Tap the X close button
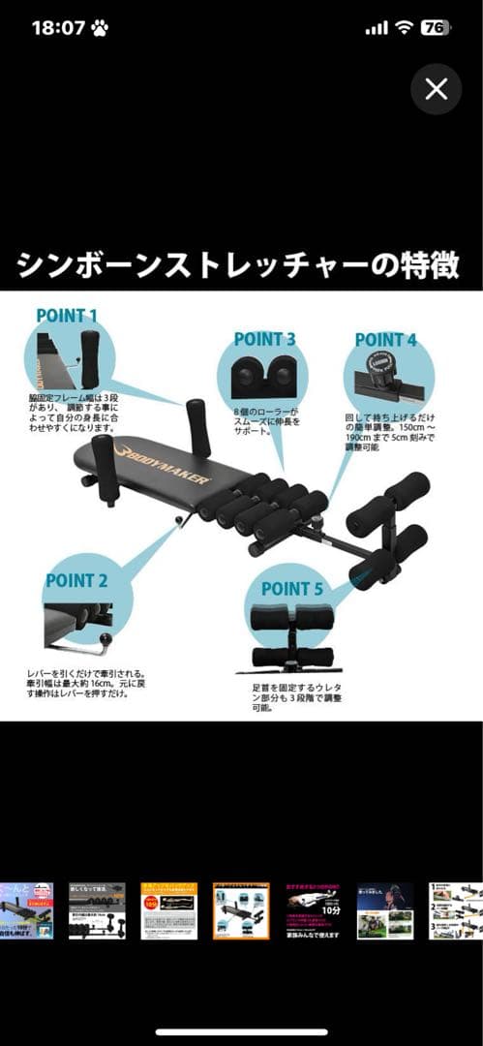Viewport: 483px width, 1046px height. pyautogui.click(x=437, y=90)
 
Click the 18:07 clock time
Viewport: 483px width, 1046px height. pyautogui.click(x=58, y=28)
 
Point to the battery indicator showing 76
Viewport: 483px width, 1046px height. pyautogui.click(x=436, y=28)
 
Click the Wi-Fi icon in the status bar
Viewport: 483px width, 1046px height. pyautogui.click(x=404, y=28)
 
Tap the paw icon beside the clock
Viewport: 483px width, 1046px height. pyautogui.click(x=100, y=28)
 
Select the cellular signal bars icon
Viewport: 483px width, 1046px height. pyautogui.click(x=376, y=29)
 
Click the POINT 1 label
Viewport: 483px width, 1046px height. pyautogui.click(x=67, y=315)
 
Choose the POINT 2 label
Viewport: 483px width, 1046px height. pyautogui.click(x=76, y=581)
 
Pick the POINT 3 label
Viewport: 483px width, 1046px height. pyautogui.click(x=264, y=339)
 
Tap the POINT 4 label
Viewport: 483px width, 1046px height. pyautogui.click(x=385, y=340)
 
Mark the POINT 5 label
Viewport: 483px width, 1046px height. pyautogui.click(x=291, y=588)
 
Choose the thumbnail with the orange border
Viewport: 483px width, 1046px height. pyautogui.click(x=241, y=910)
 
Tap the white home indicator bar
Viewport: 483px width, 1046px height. pyautogui.click(x=241, y=1032)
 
